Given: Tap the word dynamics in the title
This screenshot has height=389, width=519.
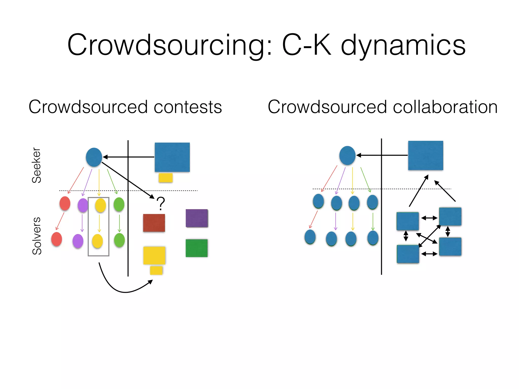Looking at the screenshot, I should pos(403,46).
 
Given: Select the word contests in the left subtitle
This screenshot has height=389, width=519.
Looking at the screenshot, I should pos(188,107).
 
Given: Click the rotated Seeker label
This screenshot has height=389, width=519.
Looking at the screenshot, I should pos(36,165).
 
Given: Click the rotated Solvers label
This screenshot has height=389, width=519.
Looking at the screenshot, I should pos(37,236).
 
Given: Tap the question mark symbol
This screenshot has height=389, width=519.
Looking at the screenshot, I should pos(161,204).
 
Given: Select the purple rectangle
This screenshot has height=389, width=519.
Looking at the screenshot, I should pos(197,218).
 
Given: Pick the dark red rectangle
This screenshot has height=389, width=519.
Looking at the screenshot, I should pos(154,223).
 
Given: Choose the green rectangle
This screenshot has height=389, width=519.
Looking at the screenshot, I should pos(196,248).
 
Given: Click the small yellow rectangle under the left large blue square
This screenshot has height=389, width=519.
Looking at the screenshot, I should pos(165,178).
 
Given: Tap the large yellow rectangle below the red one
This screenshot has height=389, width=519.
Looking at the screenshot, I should pos(154,255).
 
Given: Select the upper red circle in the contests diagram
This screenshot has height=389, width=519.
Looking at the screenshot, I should pos(65,203).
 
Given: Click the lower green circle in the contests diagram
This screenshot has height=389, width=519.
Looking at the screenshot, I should pos(119,240).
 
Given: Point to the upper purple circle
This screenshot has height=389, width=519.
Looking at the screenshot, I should pos(83,205).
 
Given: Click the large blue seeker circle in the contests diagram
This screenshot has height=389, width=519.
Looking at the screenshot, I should pos(94,157).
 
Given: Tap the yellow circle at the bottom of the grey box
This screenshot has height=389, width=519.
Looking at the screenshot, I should pos(97,241).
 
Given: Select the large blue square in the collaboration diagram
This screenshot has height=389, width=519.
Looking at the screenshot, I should pos(425,155).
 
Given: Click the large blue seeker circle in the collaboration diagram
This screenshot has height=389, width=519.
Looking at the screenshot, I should pos(347,155).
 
